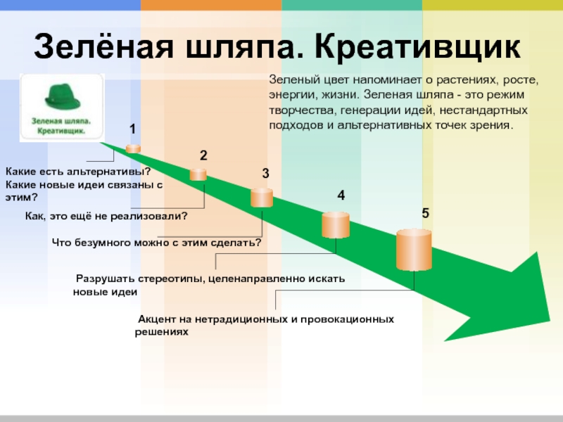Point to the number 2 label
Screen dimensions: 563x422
(x=203, y=155)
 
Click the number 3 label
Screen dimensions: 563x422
(x=265, y=173)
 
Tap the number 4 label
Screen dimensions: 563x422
(x=341, y=196)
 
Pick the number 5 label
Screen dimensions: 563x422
(x=425, y=212)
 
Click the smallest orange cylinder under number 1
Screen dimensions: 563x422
(x=133, y=148)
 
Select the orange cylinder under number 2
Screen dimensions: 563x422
(x=198, y=174)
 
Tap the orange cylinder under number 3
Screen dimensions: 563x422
(x=262, y=198)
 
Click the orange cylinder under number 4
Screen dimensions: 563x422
(x=336, y=225)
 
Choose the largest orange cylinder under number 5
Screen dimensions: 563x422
(x=414, y=250)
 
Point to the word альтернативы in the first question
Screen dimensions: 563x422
(x=109, y=172)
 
